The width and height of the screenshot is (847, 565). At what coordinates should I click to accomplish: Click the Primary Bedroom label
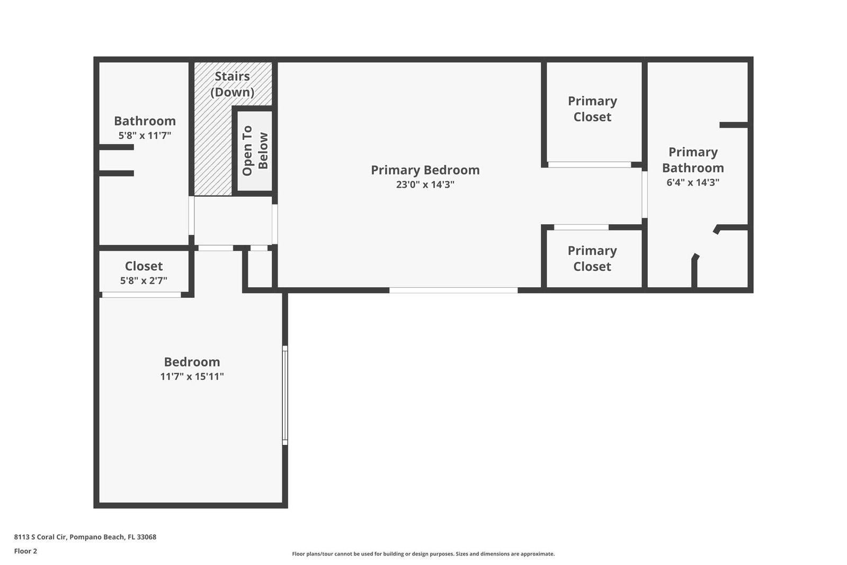(425, 170)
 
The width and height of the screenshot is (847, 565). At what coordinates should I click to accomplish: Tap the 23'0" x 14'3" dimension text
(425, 184)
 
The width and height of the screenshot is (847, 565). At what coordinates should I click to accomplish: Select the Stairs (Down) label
(232, 84)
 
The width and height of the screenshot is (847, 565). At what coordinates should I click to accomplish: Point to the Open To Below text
(255, 151)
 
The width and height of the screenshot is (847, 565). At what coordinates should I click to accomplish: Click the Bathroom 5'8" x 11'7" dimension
(145, 135)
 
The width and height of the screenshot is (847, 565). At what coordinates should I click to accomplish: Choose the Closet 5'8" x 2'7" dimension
(144, 280)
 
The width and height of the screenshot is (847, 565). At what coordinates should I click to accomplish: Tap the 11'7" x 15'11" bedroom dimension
(192, 376)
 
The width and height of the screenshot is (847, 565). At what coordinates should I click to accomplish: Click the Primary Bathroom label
(693, 160)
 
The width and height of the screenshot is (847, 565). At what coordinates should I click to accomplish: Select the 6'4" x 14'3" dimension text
(693, 182)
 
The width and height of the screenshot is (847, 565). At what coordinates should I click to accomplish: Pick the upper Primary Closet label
(592, 109)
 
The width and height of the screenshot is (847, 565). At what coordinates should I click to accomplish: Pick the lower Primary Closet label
(592, 259)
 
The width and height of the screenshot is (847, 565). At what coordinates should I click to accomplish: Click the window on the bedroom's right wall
(285, 395)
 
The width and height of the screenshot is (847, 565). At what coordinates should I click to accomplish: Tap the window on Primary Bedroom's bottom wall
(453, 290)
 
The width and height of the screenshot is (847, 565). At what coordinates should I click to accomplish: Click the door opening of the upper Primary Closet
(590, 165)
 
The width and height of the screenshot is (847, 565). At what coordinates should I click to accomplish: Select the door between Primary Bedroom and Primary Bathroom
(644, 195)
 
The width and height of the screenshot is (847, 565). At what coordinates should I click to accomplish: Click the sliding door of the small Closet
(141, 295)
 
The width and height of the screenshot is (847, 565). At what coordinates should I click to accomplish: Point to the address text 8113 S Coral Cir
(41, 537)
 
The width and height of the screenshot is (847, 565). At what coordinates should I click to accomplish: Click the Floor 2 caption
(26, 551)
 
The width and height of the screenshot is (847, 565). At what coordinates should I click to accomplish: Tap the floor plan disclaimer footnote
(423, 554)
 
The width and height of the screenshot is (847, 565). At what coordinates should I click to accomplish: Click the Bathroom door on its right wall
(191, 215)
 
